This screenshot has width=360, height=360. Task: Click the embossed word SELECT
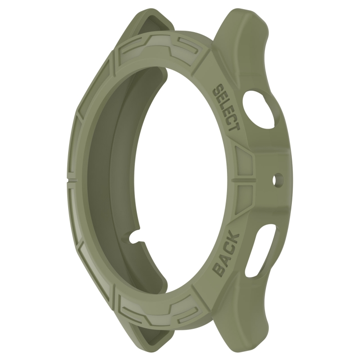227,108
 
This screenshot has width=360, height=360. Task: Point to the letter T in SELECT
234,127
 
